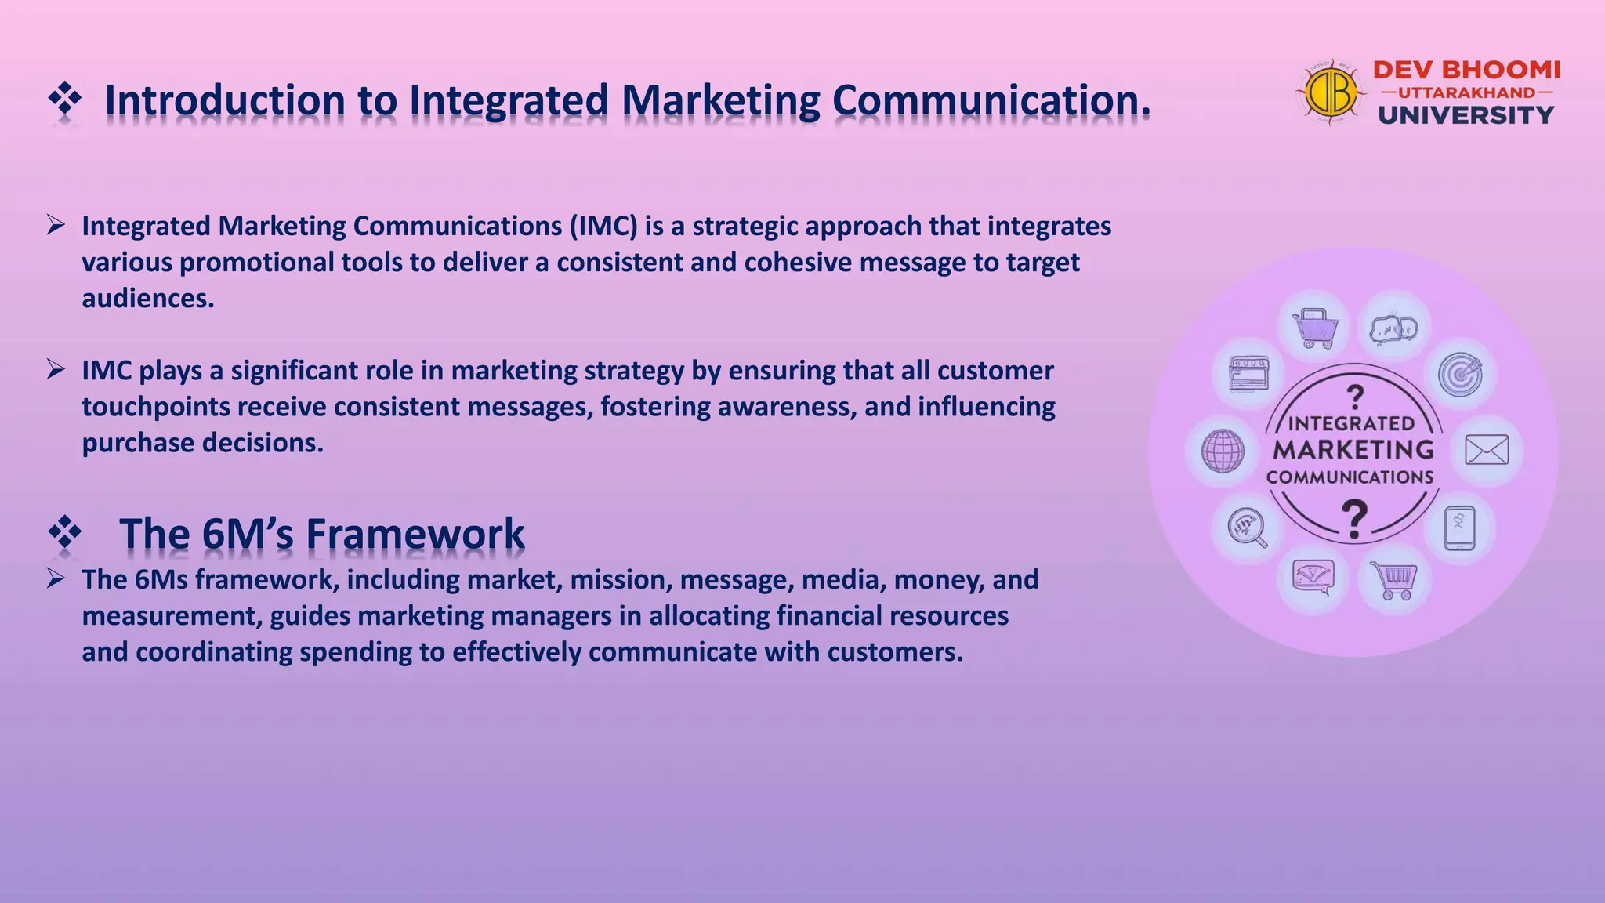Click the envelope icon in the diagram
tap(1487, 451)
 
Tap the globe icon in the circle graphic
tap(1223, 451)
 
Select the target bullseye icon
tap(1460, 375)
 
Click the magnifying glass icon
tap(1248, 528)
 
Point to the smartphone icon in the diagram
tap(1460, 528)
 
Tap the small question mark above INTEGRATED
tap(1355, 397)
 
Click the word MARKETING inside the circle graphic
tap(1353, 450)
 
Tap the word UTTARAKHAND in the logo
tap(1466, 92)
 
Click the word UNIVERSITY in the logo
tap(1466, 115)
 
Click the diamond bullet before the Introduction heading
tap(65, 100)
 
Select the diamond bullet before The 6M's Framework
tap(65, 534)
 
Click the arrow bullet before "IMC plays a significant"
tap(56, 369)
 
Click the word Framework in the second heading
tap(415, 534)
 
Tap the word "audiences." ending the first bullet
tap(148, 299)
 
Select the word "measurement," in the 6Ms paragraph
tap(172, 616)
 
